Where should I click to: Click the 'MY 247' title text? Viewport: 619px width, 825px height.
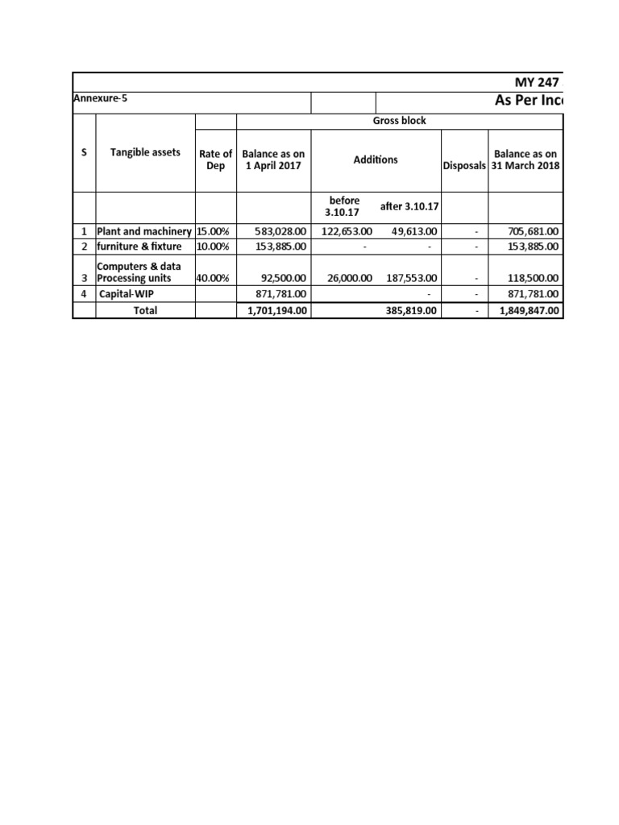pos(537,82)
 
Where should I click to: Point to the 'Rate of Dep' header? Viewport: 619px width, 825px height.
pos(215,160)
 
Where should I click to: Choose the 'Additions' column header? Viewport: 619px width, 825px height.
pos(376,160)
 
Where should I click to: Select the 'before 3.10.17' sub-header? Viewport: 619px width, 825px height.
pos(343,206)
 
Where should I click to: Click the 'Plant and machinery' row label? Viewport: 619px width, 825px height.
pos(144,231)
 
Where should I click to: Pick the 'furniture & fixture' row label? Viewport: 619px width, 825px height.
pos(139,246)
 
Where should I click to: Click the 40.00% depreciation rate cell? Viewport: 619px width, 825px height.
pos(213,279)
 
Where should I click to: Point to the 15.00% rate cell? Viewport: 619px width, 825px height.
pos(213,231)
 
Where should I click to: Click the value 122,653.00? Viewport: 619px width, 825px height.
pos(345,231)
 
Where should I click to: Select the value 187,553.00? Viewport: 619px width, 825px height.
pos(409,279)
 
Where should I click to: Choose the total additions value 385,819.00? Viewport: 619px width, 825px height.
pos(409,310)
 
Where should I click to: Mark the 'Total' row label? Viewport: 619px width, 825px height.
pos(145,310)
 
